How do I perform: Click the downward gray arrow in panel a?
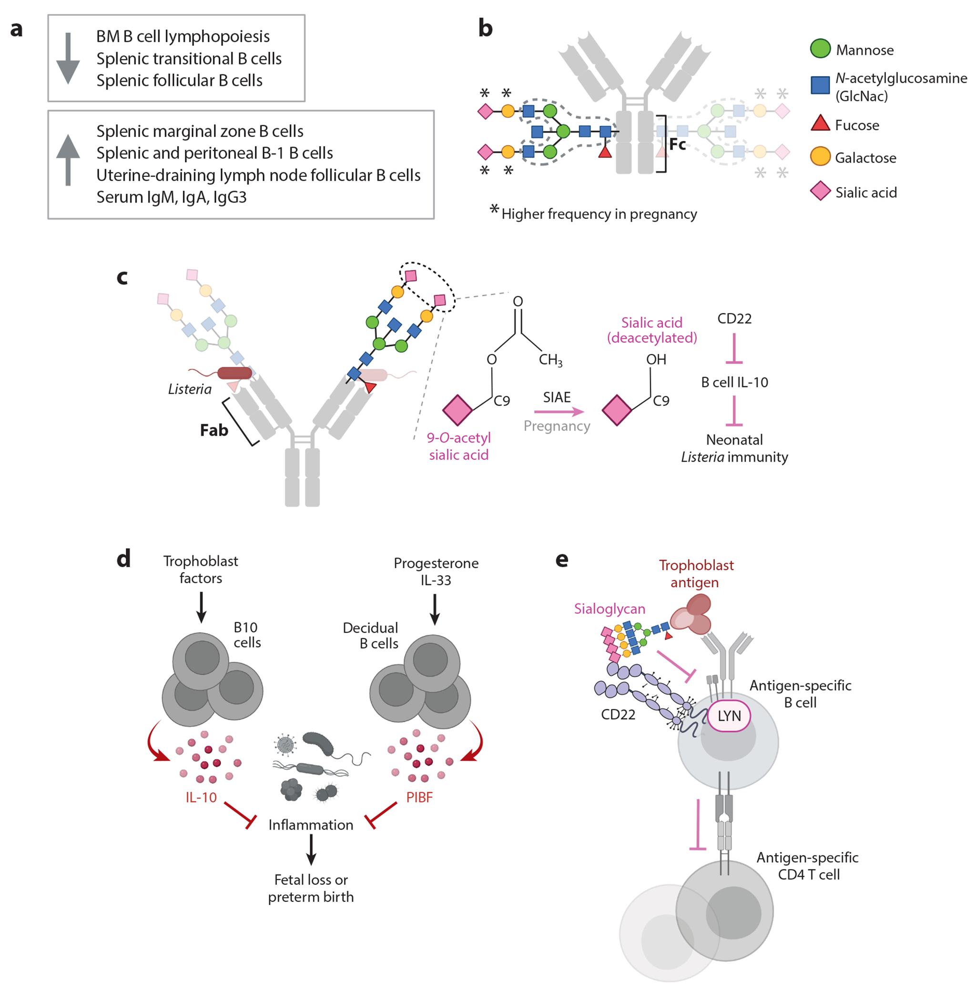coord(68,59)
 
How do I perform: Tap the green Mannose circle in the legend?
coord(820,49)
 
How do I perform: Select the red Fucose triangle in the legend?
coord(820,124)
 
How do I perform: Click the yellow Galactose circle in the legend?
coord(820,157)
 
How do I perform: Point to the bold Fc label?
coord(677,145)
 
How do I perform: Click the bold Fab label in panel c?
coord(214,430)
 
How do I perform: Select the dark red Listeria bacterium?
coord(234,373)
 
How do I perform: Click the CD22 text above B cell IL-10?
coord(734,319)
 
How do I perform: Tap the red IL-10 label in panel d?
coord(201,798)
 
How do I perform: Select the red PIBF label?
coord(419,798)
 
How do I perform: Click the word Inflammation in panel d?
coord(311,825)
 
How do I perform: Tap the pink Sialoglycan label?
coord(609,608)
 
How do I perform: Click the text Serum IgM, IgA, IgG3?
coord(171,197)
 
